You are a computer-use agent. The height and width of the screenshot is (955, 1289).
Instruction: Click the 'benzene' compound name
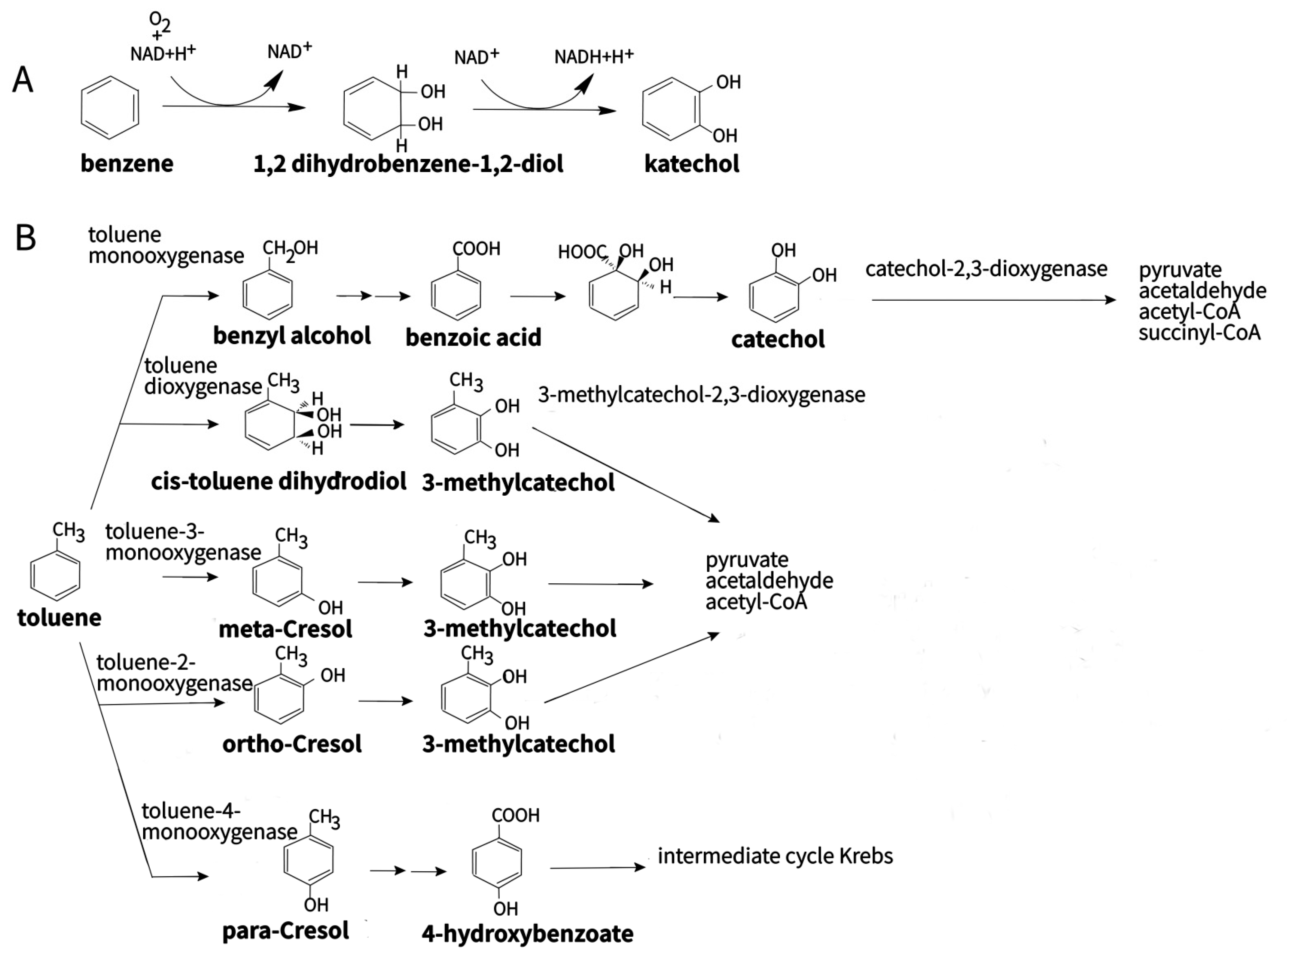point(126,164)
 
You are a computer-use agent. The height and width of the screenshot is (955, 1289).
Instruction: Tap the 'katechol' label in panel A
point(691,164)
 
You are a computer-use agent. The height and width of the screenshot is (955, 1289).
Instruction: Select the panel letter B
point(26,238)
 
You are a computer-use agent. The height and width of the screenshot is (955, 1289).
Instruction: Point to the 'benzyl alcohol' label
point(292,335)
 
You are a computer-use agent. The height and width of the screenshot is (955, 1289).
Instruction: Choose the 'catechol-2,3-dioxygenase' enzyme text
point(986,269)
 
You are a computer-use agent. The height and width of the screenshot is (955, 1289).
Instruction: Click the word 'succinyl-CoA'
point(1199,333)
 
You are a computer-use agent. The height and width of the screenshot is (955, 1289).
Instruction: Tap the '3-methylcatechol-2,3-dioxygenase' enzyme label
point(701,395)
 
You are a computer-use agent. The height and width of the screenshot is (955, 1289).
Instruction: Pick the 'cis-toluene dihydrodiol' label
point(279,481)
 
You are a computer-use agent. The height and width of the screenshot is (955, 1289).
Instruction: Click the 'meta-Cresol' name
point(285,628)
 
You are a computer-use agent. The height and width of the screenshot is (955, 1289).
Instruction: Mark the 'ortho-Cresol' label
point(292,744)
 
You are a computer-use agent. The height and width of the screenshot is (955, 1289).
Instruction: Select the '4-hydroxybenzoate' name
point(527,933)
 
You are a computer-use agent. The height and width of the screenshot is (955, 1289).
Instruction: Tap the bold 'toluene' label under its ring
point(59,617)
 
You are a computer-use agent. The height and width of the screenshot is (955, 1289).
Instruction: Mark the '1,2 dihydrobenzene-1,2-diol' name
point(408,164)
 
